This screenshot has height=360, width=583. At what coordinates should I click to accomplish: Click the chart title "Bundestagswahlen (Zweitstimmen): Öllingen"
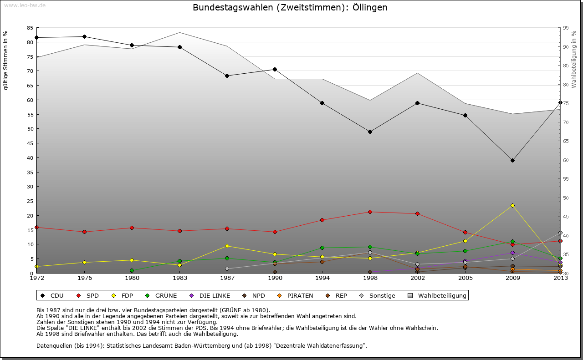pyautogui.click(x=290, y=8)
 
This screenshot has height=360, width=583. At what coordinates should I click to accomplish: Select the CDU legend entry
pyautogui.click(x=51, y=296)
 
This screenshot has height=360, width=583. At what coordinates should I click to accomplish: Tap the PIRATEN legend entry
pyautogui.click(x=295, y=296)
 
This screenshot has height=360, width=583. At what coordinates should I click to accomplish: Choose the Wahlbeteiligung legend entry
pyautogui.click(x=437, y=296)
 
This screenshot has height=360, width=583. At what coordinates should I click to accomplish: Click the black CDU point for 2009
pyautogui.click(x=512, y=160)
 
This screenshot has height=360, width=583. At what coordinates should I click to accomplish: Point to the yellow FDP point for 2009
pyautogui.click(x=512, y=205)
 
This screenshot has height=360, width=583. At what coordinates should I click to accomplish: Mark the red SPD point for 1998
pyautogui.click(x=370, y=212)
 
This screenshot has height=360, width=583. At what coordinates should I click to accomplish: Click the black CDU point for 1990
pyautogui.click(x=275, y=69)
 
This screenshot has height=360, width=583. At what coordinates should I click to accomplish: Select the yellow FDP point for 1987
pyautogui.click(x=227, y=246)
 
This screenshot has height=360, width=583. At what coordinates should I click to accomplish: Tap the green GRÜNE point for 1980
pyautogui.click(x=132, y=270)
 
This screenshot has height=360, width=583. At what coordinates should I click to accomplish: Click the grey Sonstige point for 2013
pyautogui.click(x=560, y=233)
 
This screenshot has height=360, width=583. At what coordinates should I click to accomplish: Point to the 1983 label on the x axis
pyautogui.click(x=179, y=278)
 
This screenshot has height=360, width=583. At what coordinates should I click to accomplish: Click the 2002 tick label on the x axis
pyautogui.click(x=417, y=278)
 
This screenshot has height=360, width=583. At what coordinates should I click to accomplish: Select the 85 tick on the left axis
pyautogui.click(x=30, y=28)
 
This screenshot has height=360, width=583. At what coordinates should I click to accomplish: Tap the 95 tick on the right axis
pyautogui.click(x=566, y=28)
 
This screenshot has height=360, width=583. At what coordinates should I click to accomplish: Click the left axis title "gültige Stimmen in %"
pyautogui.click(x=6, y=60)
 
